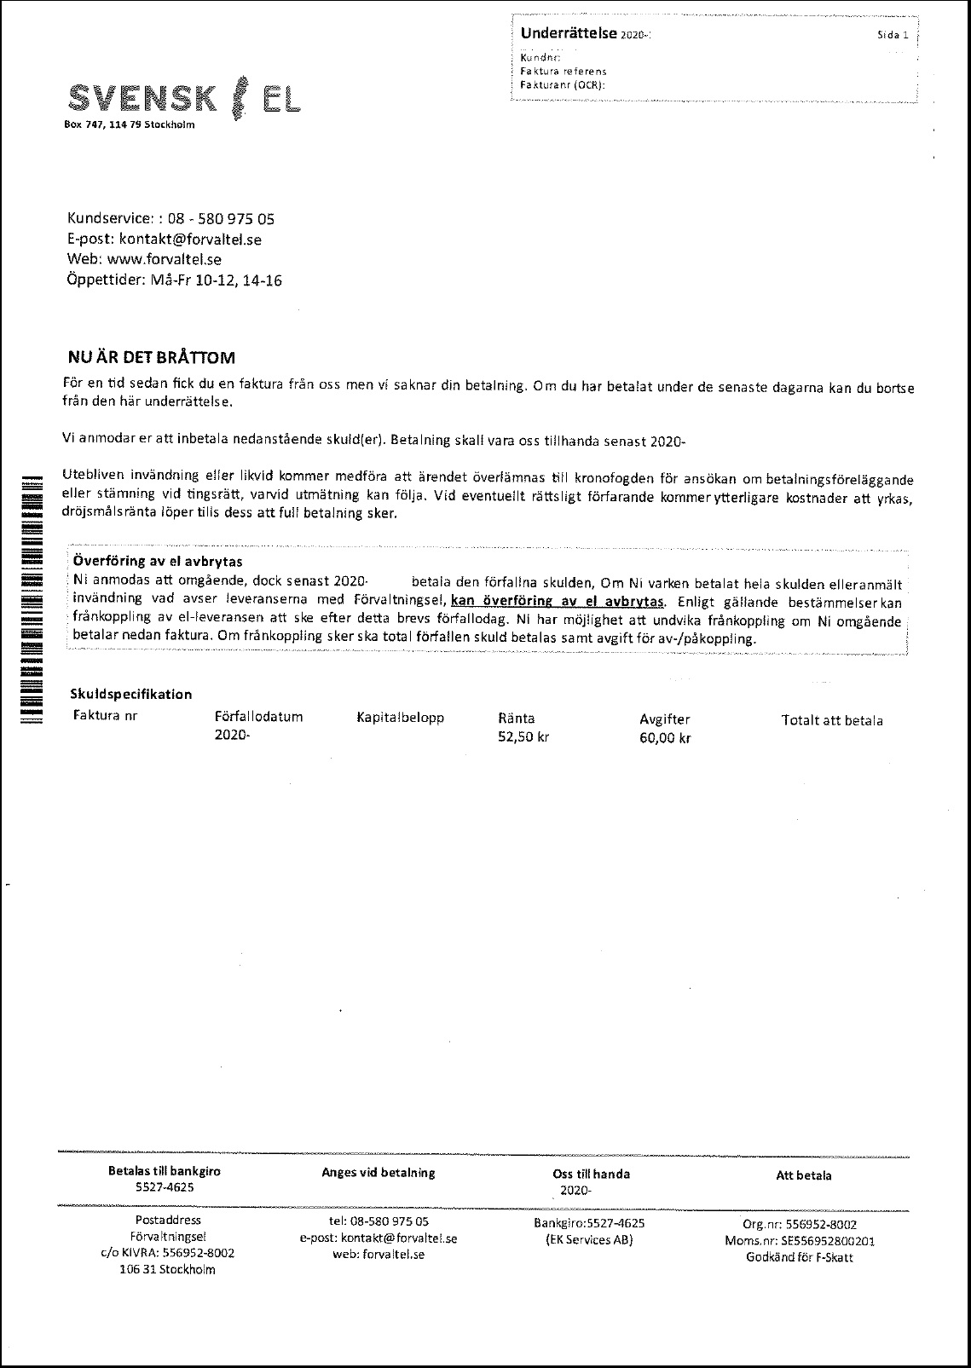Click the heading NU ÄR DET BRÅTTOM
coord(151,357)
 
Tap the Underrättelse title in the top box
coord(569,33)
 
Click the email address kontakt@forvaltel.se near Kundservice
coord(190,239)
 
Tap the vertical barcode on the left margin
coord(31,596)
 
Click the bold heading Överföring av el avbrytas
coord(158,562)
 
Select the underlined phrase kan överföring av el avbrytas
coord(558,600)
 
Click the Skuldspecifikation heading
coord(132,694)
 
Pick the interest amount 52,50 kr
coord(523,737)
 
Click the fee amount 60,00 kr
coord(665,738)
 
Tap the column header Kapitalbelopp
coord(400,718)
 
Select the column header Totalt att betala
coord(832,720)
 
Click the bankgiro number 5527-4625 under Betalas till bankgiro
coord(165,1187)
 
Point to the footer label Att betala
coord(803,1175)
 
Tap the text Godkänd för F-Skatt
coord(799,1257)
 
